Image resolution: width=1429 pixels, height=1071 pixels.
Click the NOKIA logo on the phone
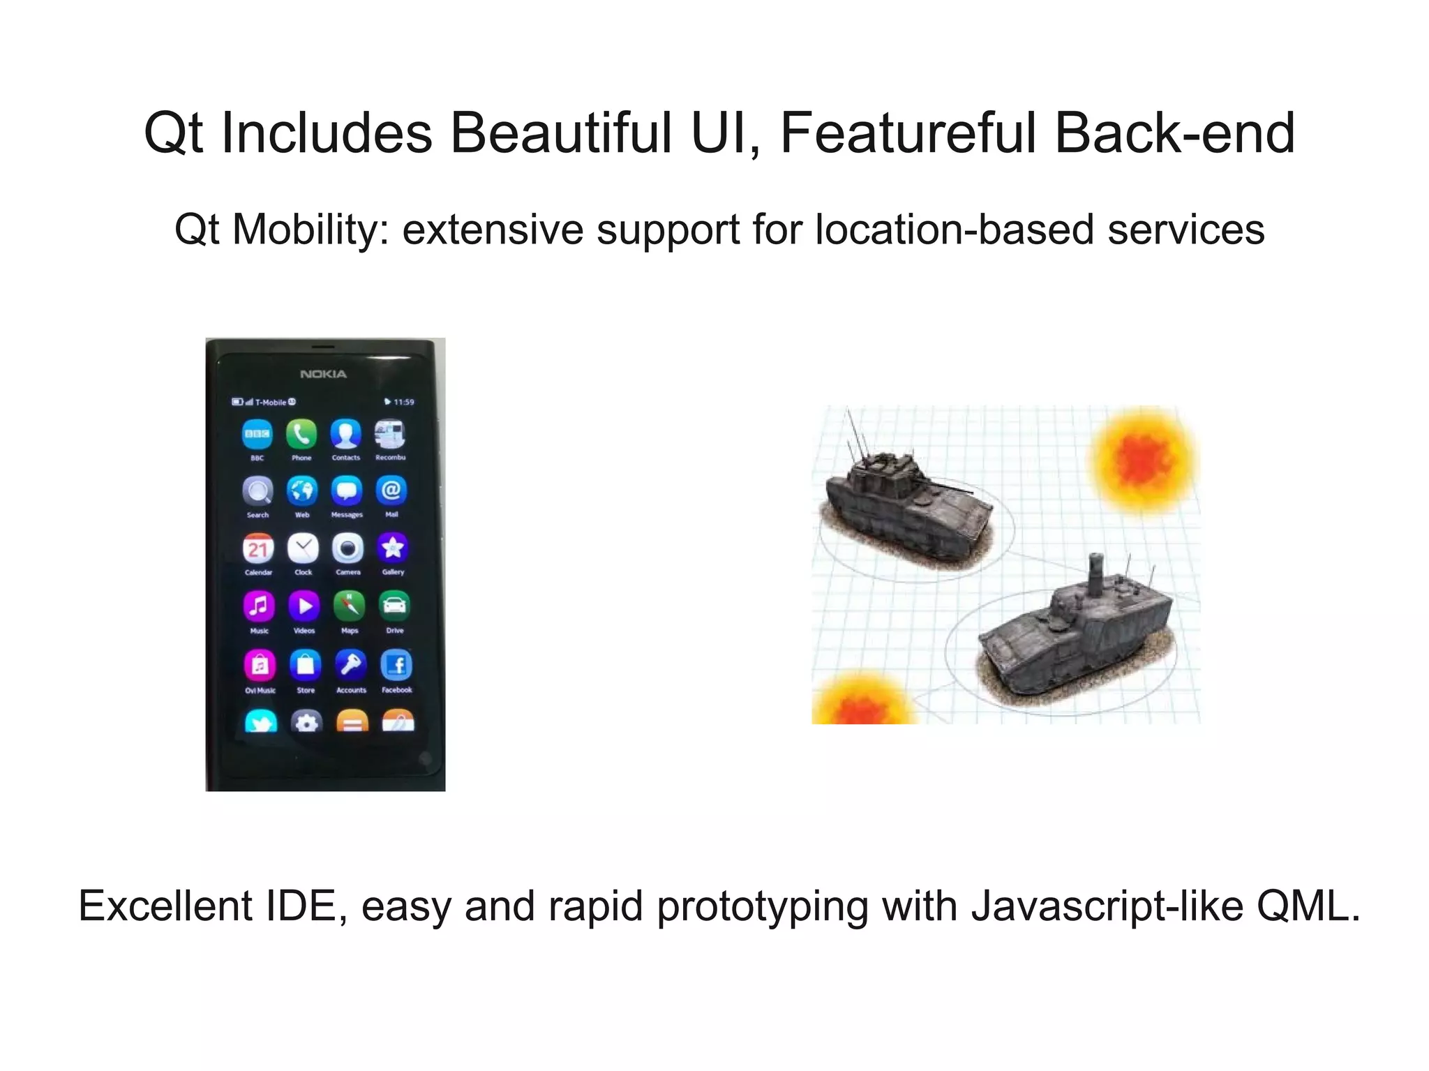click(x=323, y=374)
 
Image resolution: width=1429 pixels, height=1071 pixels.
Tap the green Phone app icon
click(x=301, y=434)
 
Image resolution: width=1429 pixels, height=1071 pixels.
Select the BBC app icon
click(x=257, y=434)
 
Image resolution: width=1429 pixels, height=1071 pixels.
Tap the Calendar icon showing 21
click(x=258, y=548)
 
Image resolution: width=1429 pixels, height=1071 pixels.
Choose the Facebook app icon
click(x=396, y=665)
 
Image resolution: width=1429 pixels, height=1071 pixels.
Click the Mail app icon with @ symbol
click(x=391, y=490)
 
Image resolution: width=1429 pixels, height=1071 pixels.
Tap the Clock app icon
click(x=304, y=548)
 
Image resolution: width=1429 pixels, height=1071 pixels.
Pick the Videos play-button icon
click(x=304, y=606)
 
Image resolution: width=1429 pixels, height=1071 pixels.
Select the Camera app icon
click(x=347, y=548)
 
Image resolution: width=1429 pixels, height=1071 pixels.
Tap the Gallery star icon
click(x=393, y=548)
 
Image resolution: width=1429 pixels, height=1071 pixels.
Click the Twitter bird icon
click(x=261, y=721)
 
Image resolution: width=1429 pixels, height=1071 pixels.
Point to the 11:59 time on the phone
click(x=403, y=402)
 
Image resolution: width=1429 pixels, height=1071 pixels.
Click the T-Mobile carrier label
click(x=271, y=402)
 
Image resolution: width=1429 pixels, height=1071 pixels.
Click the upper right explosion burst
click(x=1143, y=458)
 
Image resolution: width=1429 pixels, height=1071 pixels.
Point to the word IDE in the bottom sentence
click(x=301, y=906)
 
